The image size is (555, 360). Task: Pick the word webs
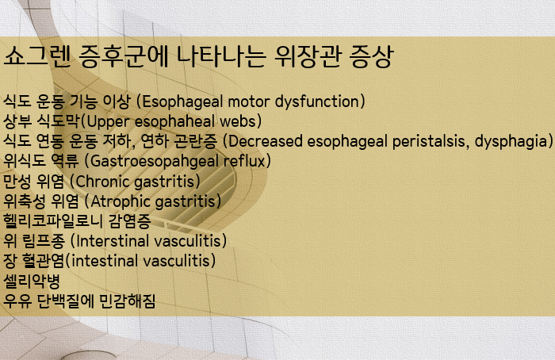tap(243, 121)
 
